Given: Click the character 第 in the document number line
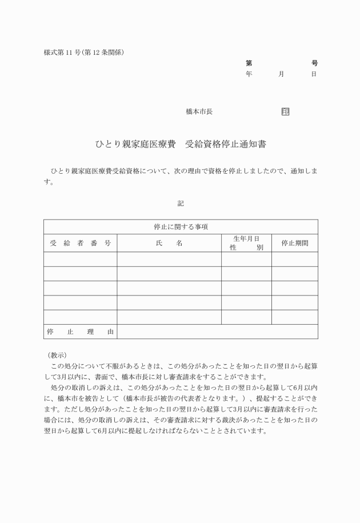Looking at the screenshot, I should coord(249,63).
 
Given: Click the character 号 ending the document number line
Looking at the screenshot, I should coord(314,63).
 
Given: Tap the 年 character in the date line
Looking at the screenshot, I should coord(249,74).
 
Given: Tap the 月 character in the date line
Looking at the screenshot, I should coord(281,74).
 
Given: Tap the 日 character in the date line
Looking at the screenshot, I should coord(314,74).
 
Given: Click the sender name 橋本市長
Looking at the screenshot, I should coord(199,111).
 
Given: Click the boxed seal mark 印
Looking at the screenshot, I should coord(285,111).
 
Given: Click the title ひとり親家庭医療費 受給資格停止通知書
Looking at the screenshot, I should coord(180,145).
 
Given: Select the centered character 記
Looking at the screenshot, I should coord(181,202).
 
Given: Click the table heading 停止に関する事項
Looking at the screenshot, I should coord(181,227).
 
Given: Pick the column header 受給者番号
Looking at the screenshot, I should coord(81,243).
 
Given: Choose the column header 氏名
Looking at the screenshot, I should coord(169,243).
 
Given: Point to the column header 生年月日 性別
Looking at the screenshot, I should coord(246,243).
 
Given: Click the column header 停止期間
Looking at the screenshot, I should coord(295,243).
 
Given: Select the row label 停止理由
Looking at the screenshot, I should coord(81,332).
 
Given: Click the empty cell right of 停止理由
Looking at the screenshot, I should coord(217,332).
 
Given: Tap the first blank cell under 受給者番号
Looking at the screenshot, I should coord(81,259).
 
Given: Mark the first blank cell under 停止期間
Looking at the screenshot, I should coord(295,259).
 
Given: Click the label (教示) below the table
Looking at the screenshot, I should coord(58,355).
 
